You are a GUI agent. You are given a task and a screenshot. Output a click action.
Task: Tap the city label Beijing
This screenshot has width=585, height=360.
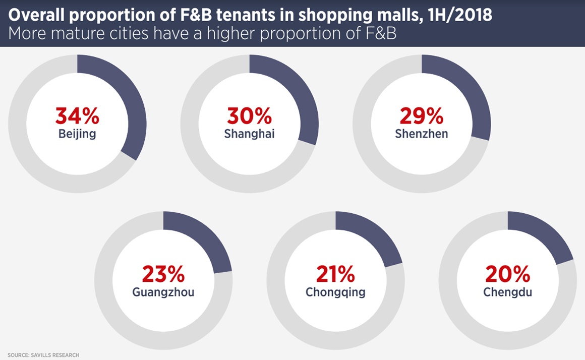click(x=77, y=135)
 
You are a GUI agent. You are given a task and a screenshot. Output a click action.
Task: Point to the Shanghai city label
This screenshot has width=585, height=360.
click(x=250, y=135)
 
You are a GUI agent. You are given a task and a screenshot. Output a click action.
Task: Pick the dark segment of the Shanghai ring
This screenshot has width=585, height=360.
click(x=301, y=96)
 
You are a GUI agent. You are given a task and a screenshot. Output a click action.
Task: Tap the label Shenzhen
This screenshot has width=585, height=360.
click(x=422, y=135)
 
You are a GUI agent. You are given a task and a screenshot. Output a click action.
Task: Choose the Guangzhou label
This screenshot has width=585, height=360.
click(x=163, y=292)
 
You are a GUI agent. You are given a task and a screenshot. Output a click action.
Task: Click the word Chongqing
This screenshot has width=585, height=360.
click(x=335, y=292)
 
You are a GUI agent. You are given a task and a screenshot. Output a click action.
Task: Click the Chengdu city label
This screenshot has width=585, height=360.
click(x=508, y=292)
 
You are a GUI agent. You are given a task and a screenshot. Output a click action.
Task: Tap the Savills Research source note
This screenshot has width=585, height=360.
click(x=43, y=355)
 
